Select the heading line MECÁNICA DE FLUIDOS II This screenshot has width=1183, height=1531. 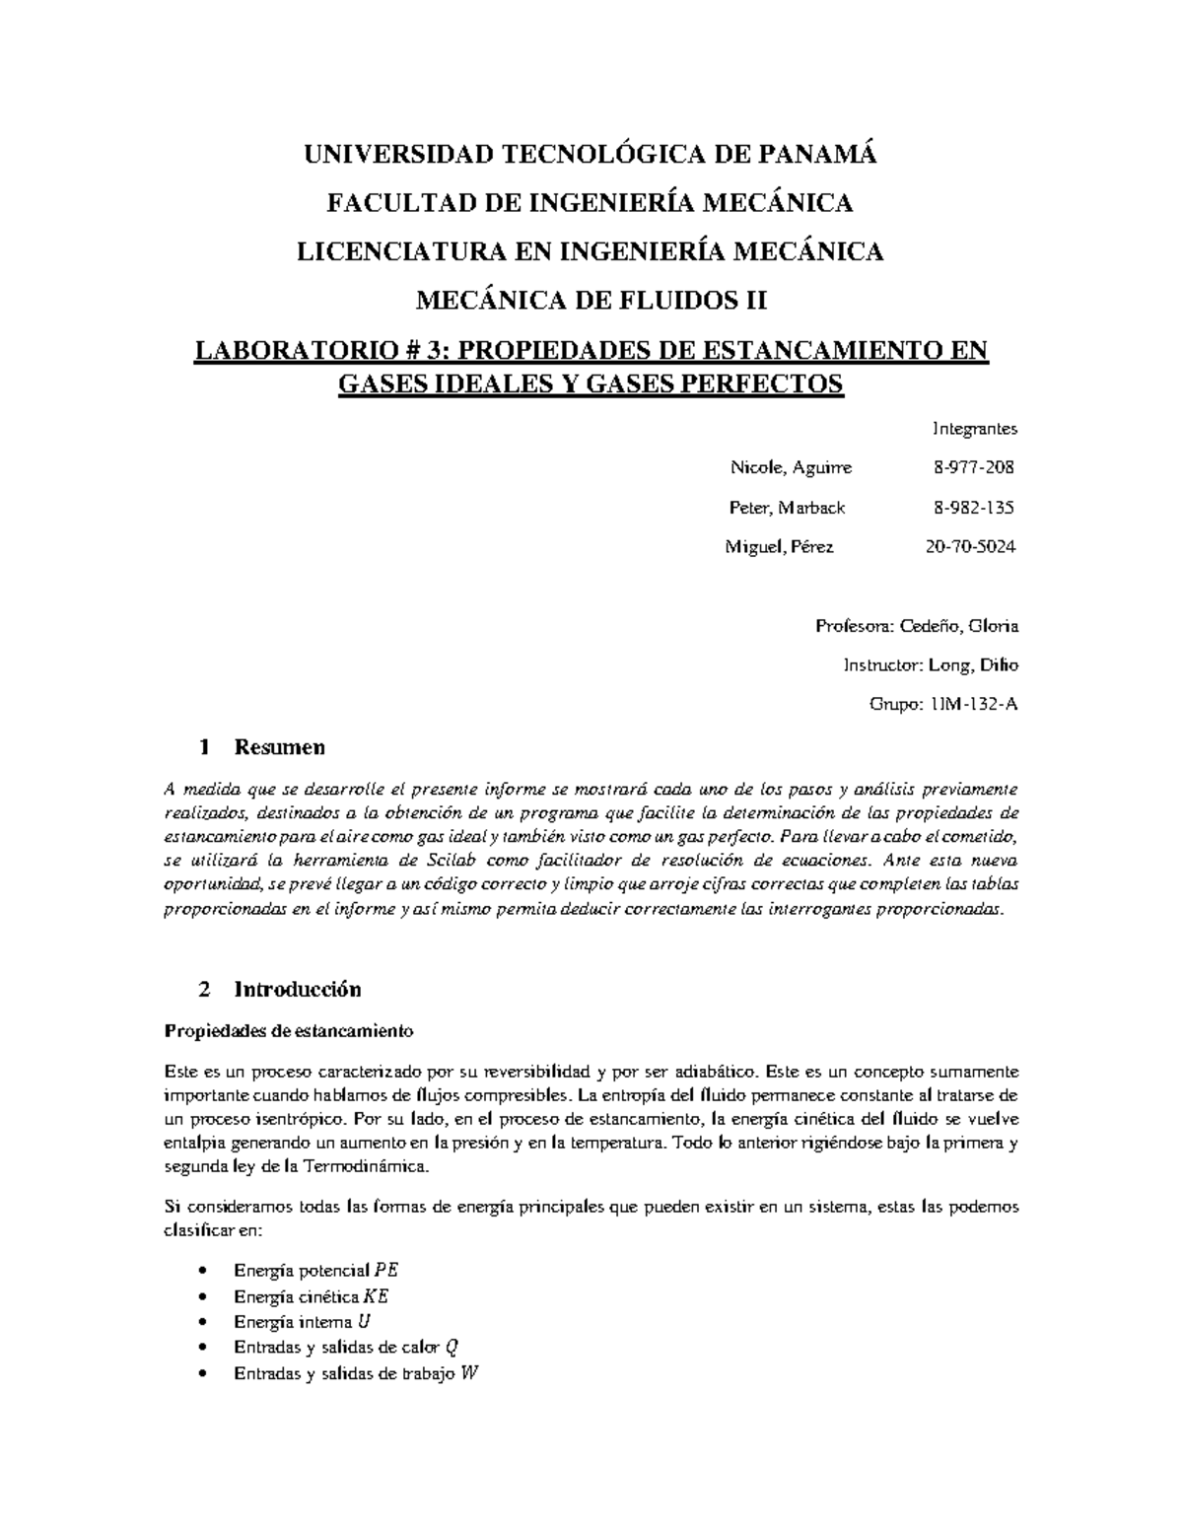pos(591,300)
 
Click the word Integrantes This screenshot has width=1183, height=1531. pos(974,429)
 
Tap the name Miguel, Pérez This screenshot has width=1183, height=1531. pos(780,547)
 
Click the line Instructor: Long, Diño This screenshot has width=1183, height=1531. pos(931,665)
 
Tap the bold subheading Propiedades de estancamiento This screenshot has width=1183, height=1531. pos(288,1031)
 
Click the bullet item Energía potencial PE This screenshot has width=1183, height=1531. pos(315,1270)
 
